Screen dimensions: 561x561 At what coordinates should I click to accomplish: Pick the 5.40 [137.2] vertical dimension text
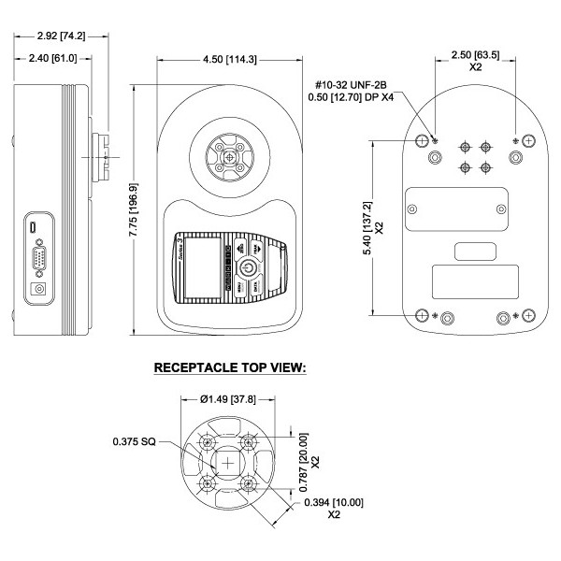tap(367, 225)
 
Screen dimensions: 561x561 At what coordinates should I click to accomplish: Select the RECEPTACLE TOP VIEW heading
tap(230, 368)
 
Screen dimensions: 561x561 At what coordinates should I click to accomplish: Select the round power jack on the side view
tap(39, 289)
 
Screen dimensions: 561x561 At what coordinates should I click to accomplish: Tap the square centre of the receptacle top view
tap(229, 464)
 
